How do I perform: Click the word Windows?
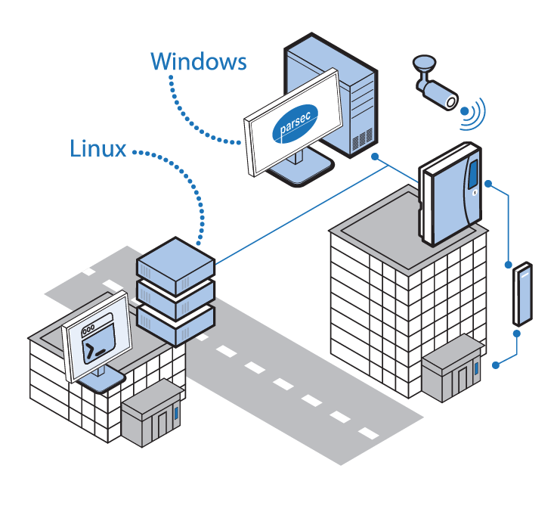point(198,61)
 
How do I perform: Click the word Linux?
point(97,148)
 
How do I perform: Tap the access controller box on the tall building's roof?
point(449,193)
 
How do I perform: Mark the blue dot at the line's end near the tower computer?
point(376,156)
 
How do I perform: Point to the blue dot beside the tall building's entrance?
point(496,365)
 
